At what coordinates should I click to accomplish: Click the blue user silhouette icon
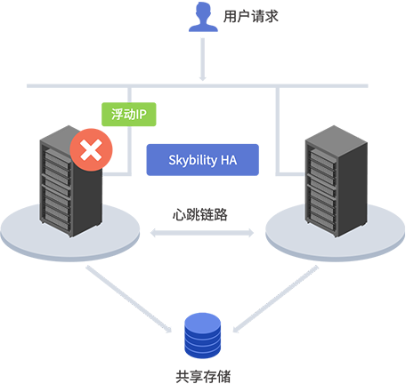point(203,16)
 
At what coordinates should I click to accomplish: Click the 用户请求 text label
point(251,16)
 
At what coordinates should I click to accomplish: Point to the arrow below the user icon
point(203,60)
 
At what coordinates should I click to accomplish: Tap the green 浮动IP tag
point(129,115)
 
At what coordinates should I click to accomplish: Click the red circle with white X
point(91,149)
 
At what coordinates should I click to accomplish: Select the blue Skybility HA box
point(203,160)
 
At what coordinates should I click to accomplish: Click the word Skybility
point(193,160)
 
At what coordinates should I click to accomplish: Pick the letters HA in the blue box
point(229,160)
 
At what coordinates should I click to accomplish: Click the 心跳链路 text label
point(200,214)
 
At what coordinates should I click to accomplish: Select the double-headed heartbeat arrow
point(202,233)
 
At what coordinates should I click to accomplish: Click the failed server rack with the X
point(71,181)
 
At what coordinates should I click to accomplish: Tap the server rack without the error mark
point(337,181)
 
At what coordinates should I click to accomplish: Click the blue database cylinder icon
point(203,336)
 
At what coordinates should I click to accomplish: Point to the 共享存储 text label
point(203,376)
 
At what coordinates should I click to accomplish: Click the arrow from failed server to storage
point(129,299)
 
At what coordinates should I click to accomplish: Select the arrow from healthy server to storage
point(276,299)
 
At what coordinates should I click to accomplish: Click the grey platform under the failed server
point(70,232)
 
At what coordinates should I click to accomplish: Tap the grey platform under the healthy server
point(336,232)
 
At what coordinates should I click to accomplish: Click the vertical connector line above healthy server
point(278,131)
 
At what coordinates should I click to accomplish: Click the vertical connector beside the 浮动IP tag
point(129,132)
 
